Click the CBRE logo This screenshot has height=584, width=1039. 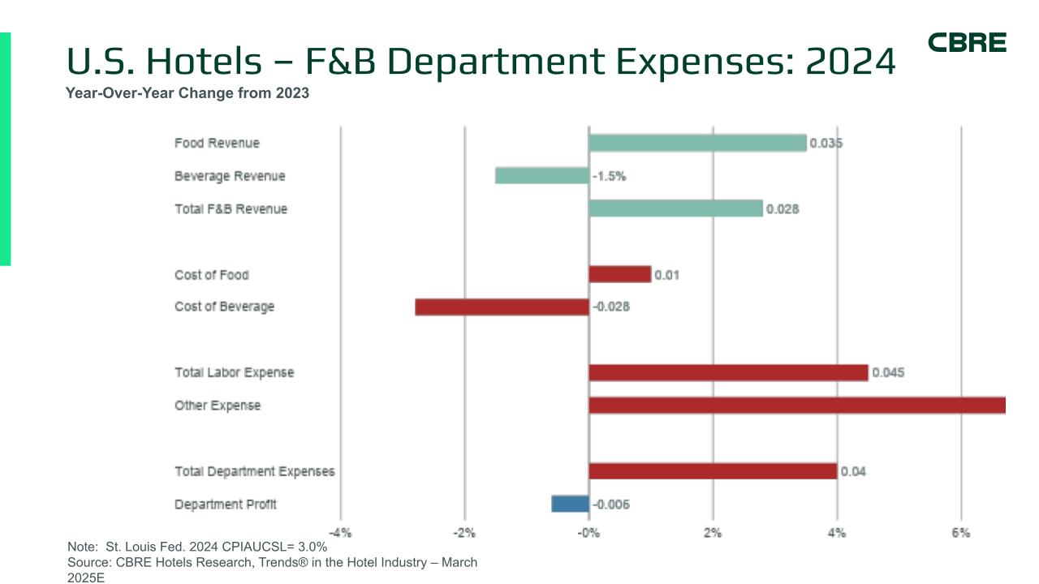[x=967, y=43]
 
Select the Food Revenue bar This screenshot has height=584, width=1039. [x=697, y=144]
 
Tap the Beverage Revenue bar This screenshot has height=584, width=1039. [x=541, y=176]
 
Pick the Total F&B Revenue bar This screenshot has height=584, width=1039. [x=675, y=209]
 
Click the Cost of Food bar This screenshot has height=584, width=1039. [x=619, y=275]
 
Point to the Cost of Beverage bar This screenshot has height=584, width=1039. [x=502, y=307]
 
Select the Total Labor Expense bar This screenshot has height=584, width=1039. [x=728, y=373]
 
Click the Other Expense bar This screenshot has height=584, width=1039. [x=797, y=406]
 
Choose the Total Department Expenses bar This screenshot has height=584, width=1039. [x=713, y=471]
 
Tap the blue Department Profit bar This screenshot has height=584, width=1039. [x=570, y=505]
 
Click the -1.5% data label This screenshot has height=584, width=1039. [x=609, y=176]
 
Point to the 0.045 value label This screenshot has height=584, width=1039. [x=888, y=373]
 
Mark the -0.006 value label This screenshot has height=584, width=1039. [x=611, y=505]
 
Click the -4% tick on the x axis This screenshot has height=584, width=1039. [x=340, y=533]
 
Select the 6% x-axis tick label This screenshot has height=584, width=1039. [x=961, y=533]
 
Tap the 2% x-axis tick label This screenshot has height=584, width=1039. [x=713, y=533]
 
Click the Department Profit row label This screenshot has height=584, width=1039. [x=226, y=505]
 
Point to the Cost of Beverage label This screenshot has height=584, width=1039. [x=224, y=307]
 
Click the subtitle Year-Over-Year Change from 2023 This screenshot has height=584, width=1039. [x=188, y=93]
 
